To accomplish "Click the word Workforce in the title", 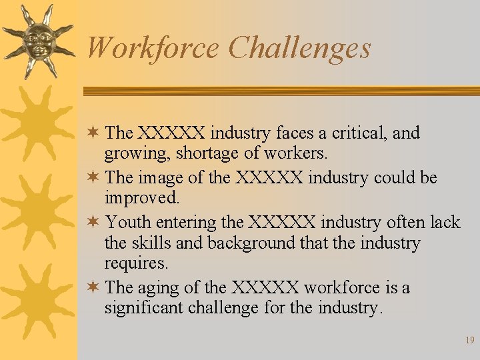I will point(153,48).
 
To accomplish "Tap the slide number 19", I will point(469,340).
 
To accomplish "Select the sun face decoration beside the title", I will point(37,41).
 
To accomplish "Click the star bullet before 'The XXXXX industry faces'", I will point(94,133).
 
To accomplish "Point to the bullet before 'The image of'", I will point(94,177).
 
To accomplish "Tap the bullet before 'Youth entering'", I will point(94,221).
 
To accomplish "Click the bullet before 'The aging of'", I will point(94,287).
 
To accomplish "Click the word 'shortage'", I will point(207,153).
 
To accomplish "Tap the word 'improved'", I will point(141,198).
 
